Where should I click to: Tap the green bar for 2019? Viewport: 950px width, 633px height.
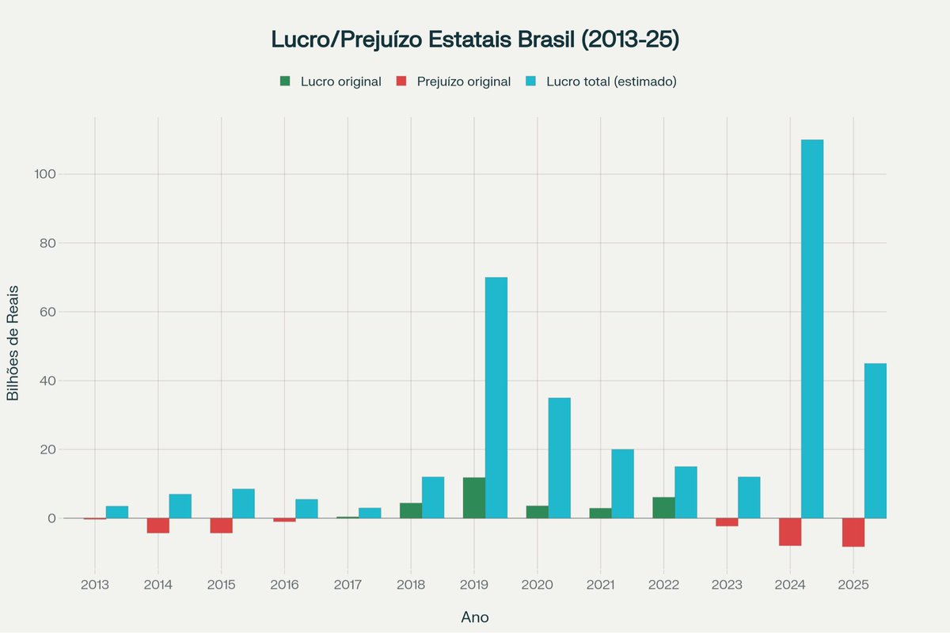coord(474,498)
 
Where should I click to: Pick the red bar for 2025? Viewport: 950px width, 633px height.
coord(853,533)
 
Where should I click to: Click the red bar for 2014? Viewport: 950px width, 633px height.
coord(158,525)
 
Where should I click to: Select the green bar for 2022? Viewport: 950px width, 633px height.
coord(664,507)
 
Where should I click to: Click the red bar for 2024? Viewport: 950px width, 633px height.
coord(790,532)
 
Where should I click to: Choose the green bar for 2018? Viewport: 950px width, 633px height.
coord(411,510)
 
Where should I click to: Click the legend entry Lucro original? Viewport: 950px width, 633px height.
coord(331,81)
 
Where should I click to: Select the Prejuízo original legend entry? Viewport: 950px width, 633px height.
coord(454,81)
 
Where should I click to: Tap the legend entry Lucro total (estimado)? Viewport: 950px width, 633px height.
coord(601,81)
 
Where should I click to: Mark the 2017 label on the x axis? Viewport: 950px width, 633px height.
coord(348,585)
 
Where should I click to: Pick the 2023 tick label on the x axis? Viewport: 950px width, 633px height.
coord(727,585)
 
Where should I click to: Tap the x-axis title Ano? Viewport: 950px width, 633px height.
coord(475,617)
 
